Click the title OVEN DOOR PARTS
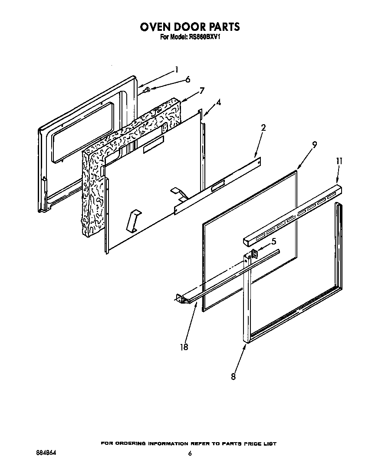(x=189, y=26)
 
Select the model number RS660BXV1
(x=203, y=37)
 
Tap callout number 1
(x=176, y=69)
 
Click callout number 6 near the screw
(x=187, y=79)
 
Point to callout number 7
(x=202, y=90)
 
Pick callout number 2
(x=263, y=128)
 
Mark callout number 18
(x=184, y=347)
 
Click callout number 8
(x=234, y=377)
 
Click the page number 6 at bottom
(x=190, y=454)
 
